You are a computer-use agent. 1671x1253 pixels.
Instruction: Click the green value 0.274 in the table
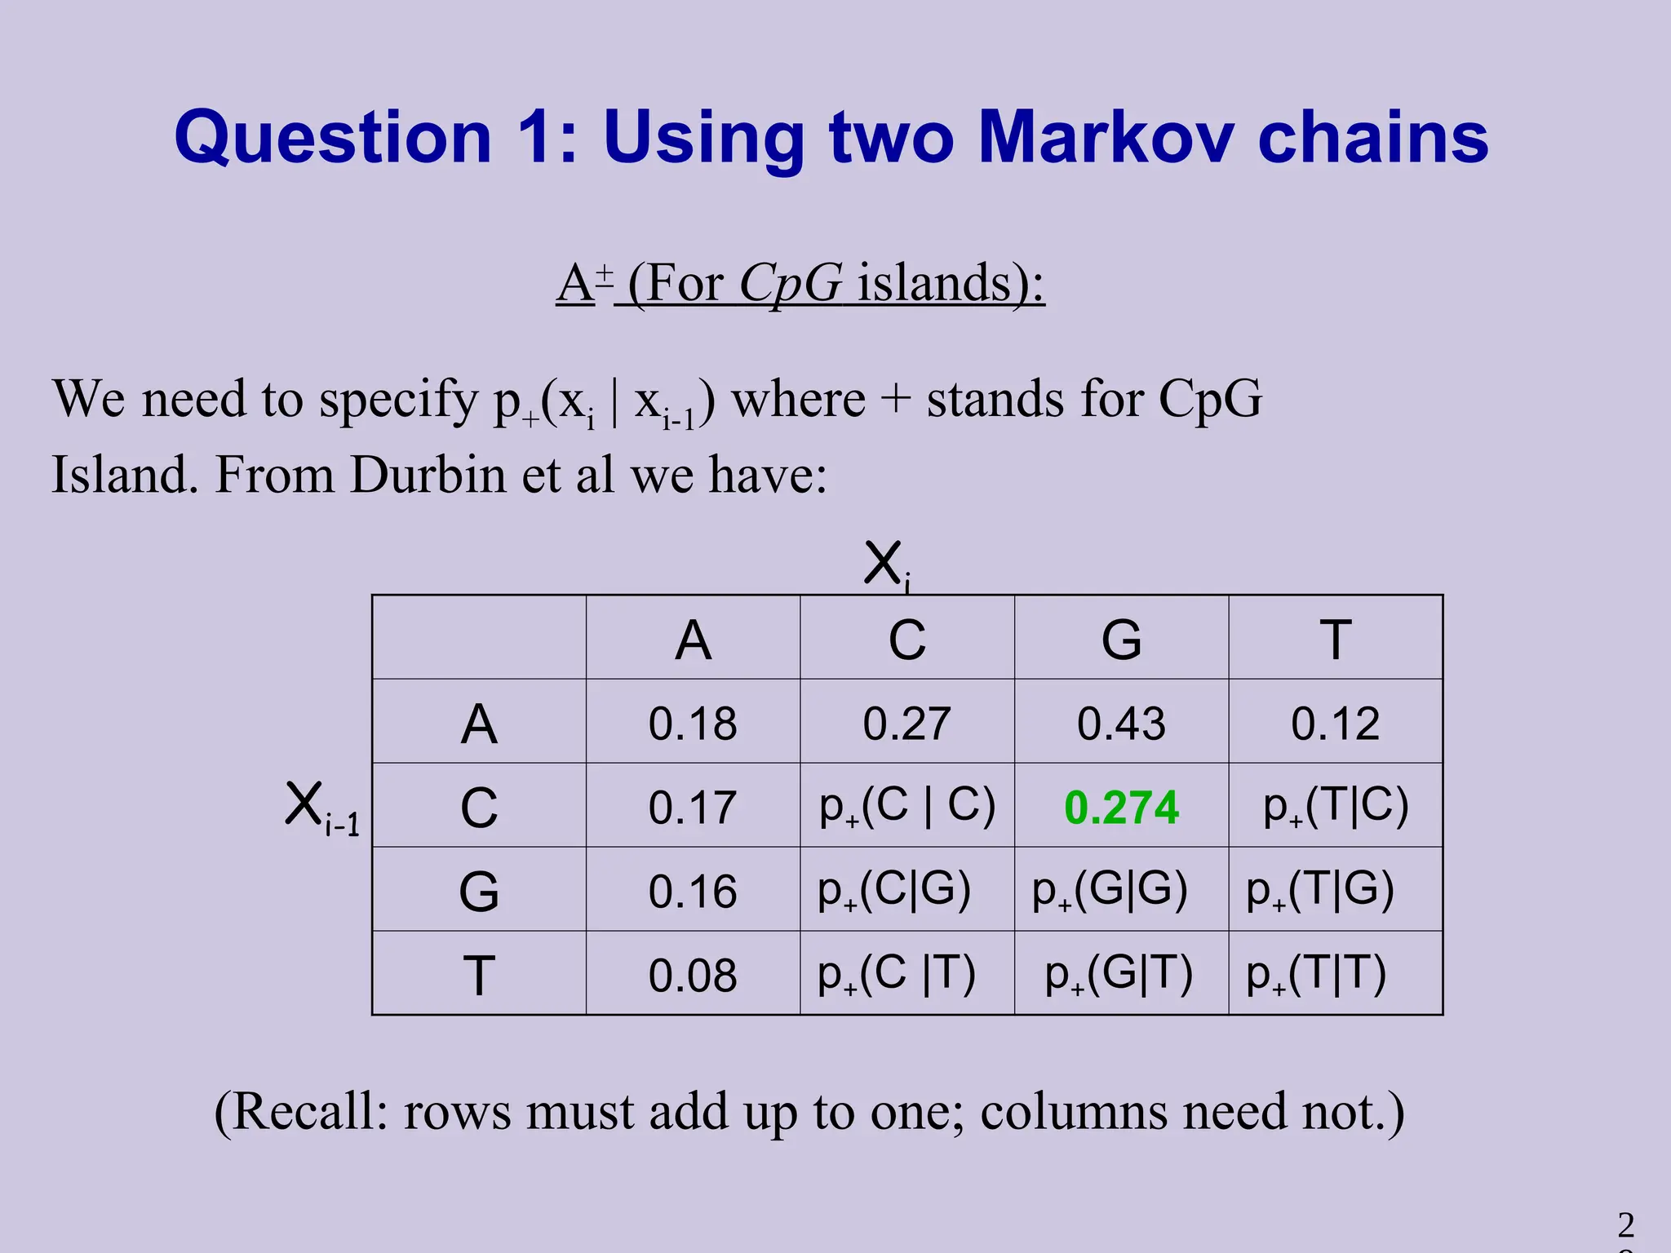(1121, 808)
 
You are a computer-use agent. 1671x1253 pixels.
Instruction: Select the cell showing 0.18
(693, 724)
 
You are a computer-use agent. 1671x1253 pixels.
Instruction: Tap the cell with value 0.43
(1121, 724)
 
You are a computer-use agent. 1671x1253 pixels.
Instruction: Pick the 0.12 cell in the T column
(1335, 724)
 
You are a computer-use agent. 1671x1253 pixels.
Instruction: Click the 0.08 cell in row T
(693, 975)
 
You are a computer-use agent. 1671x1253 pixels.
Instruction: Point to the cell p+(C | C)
(907, 806)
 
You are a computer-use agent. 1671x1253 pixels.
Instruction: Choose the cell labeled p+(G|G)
(1110, 890)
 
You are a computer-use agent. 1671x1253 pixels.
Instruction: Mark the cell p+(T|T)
(1316, 974)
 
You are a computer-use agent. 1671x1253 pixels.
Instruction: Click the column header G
(1121, 640)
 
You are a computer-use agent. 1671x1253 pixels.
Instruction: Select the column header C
(907, 640)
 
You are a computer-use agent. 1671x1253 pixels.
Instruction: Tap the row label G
(479, 892)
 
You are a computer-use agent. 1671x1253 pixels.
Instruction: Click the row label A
(479, 724)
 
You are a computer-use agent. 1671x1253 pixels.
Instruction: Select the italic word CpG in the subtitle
(790, 283)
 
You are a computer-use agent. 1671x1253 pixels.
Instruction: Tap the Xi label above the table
(886, 564)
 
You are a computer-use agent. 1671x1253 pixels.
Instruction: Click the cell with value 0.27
(907, 724)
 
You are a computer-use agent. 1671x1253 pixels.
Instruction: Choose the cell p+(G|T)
(1119, 974)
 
